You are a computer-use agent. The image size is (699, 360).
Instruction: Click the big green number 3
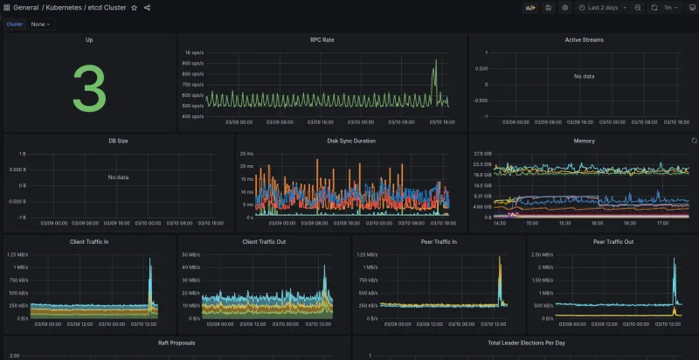tap(89, 88)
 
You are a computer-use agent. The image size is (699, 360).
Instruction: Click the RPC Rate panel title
tap(322, 40)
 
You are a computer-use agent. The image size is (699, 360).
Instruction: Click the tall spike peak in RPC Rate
tap(436, 60)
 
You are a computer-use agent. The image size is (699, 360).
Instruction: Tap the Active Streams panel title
tap(584, 40)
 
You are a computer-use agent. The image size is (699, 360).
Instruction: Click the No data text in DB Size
tap(118, 177)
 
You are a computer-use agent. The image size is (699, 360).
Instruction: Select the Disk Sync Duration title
tap(350, 141)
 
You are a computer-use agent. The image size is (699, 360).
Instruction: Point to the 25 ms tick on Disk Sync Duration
tap(246, 153)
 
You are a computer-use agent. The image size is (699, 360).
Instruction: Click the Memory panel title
tap(584, 141)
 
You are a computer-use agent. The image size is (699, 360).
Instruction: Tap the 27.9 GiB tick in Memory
tap(482, 153)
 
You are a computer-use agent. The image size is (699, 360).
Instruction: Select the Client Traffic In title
tap(89, 241)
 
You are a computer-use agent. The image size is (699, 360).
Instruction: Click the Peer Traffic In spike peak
tap(500, 258)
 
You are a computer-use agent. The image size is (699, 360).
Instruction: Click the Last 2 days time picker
tap(602, 8)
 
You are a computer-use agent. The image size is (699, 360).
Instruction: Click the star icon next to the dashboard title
tap(134, 8)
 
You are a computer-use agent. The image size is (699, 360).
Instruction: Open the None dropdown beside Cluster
tap(40, 24)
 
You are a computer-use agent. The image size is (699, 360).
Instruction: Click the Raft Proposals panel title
tap(176, 343)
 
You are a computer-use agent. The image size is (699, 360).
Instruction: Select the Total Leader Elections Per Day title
tap(524, 343)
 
